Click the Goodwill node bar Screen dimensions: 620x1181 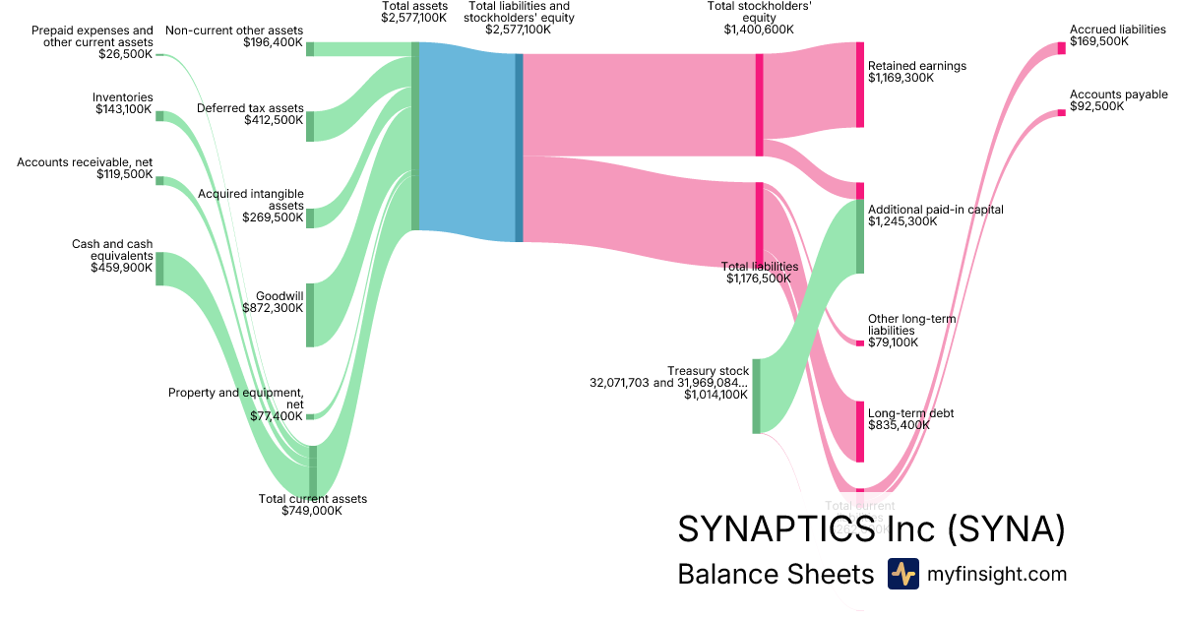click(x=309, y=315)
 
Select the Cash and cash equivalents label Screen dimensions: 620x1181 click(x=112, y=250)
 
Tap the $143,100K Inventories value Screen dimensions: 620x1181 click(x=124, y=109)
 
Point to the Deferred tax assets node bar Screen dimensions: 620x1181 click(x=309, y=126)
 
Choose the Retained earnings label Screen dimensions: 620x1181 click(x=916, y=66)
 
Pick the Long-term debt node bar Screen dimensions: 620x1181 click(x=859, y=431)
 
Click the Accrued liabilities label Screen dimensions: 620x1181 click(x=1117, y=31)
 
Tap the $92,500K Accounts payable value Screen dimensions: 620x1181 click(x=1096, y=106)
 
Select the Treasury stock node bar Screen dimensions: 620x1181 click(x=756, y=396)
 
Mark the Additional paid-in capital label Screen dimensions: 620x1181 click(x=935, y=210)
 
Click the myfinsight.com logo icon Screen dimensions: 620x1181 click(x=902, y=574)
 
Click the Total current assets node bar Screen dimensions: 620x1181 click(x=313, y=471)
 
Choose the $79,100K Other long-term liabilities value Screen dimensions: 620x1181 click(x=893, y=342)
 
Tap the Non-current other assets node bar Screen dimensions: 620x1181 click(x=309, y=49)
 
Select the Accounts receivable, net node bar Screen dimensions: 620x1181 click(x=159, y=181)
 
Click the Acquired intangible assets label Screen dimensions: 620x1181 click(x=251, y=200)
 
